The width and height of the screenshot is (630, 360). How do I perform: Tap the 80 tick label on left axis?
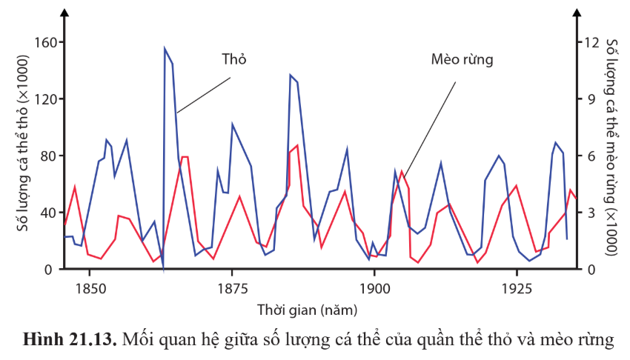[47, 156]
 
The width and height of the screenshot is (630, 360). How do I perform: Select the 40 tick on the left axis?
[47, 213]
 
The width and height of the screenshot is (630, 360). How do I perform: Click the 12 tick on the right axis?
[591, 42]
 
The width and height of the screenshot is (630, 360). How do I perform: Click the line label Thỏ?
[233, 60]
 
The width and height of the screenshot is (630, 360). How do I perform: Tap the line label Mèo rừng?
[462, 59]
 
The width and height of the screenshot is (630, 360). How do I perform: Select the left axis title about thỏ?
[23, 156]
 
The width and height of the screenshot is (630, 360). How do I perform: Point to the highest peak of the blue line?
[165, 48]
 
